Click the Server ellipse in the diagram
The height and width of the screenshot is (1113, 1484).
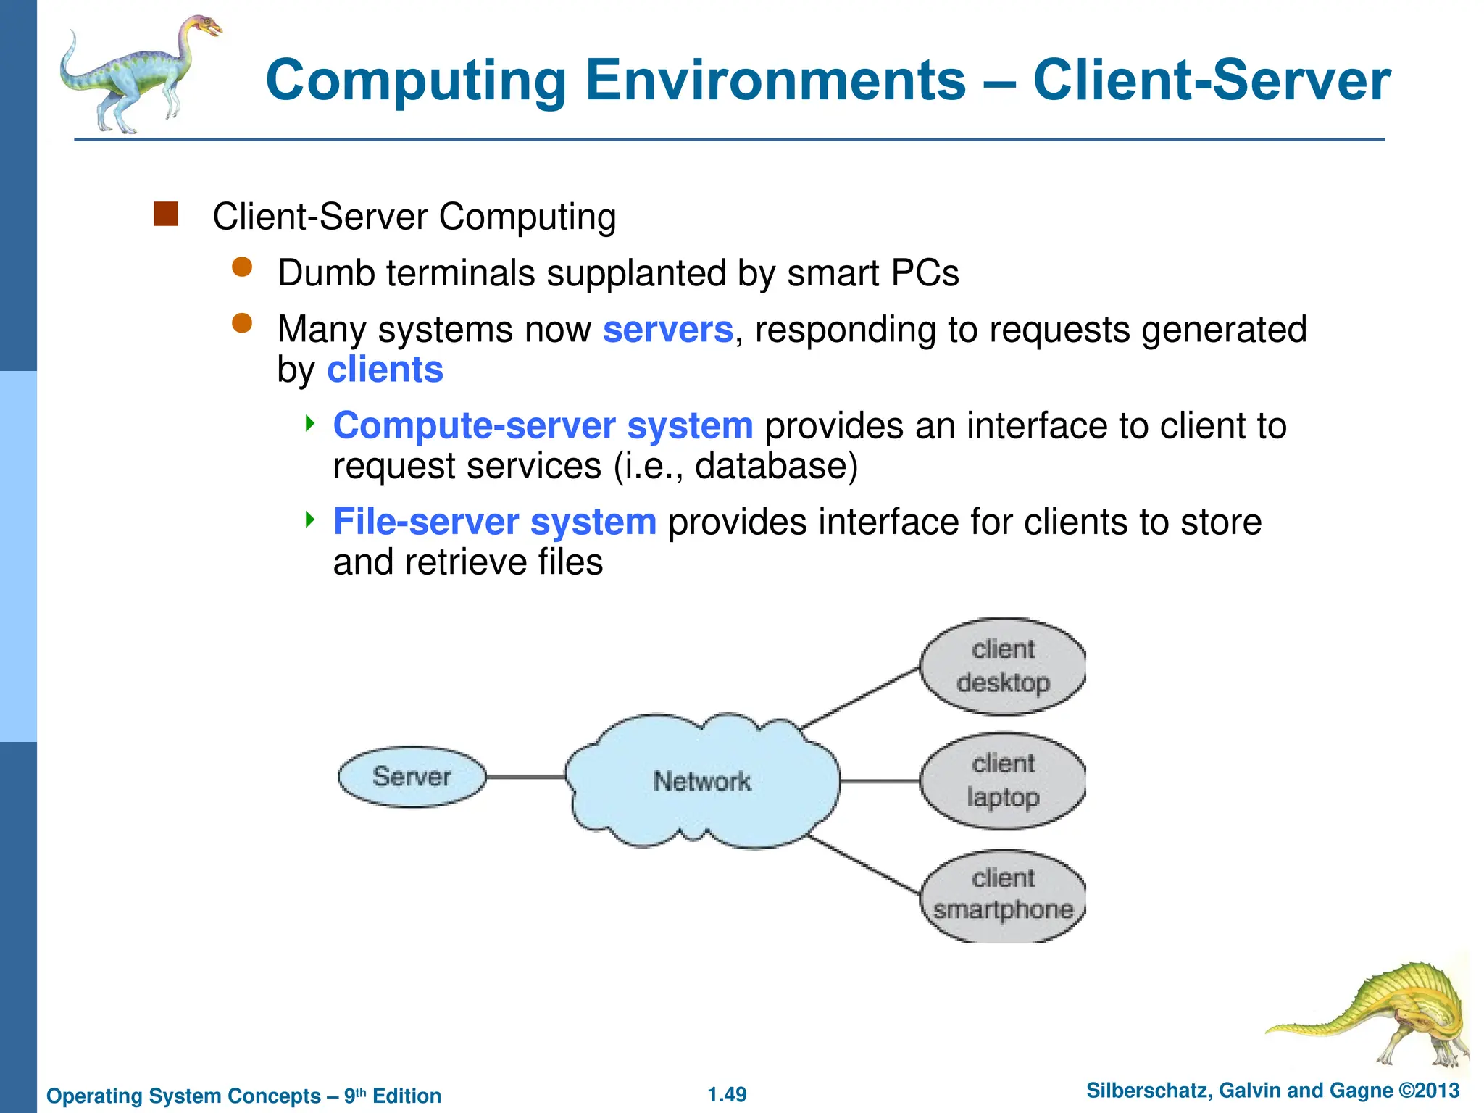(412, 777)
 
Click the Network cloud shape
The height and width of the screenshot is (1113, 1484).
(701, 781)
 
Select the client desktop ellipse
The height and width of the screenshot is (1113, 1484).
(1003, 667)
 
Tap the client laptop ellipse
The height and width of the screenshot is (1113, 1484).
(1003, 780)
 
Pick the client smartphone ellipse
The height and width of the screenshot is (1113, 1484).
(1003, 895)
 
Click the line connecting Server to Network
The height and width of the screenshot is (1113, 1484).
(525, 777)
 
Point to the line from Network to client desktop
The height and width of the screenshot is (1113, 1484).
(861, 698)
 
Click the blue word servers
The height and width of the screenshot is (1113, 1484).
(667, 330)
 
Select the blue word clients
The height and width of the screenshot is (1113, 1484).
(385, 370)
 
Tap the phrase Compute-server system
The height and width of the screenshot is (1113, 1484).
(543, 425)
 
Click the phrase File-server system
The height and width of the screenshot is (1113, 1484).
(494, 522)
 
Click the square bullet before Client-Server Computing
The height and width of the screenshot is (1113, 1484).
(166, 215)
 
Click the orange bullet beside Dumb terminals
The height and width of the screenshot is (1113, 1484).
(241, 267)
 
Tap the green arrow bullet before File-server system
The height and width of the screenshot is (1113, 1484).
(310, 519)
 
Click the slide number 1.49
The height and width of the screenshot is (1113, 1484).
(727, 1094)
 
